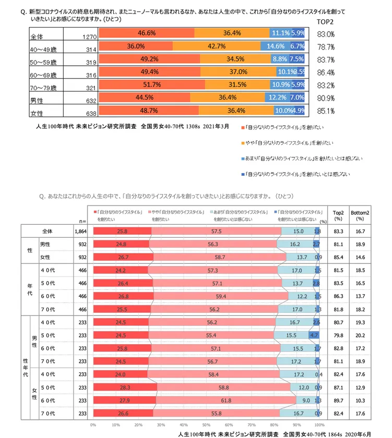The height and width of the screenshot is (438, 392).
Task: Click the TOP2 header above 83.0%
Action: [326, 22]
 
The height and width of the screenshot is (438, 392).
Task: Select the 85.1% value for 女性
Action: [326, 111]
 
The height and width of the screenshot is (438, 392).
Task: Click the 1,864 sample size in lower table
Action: [80, 231]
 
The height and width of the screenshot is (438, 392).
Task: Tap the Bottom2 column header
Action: [359, 215]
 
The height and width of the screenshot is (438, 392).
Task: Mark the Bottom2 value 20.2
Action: [359, 335]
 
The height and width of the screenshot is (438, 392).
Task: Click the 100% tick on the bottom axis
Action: [319, 424]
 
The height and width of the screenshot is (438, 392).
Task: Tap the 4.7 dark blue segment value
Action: [314, 335]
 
